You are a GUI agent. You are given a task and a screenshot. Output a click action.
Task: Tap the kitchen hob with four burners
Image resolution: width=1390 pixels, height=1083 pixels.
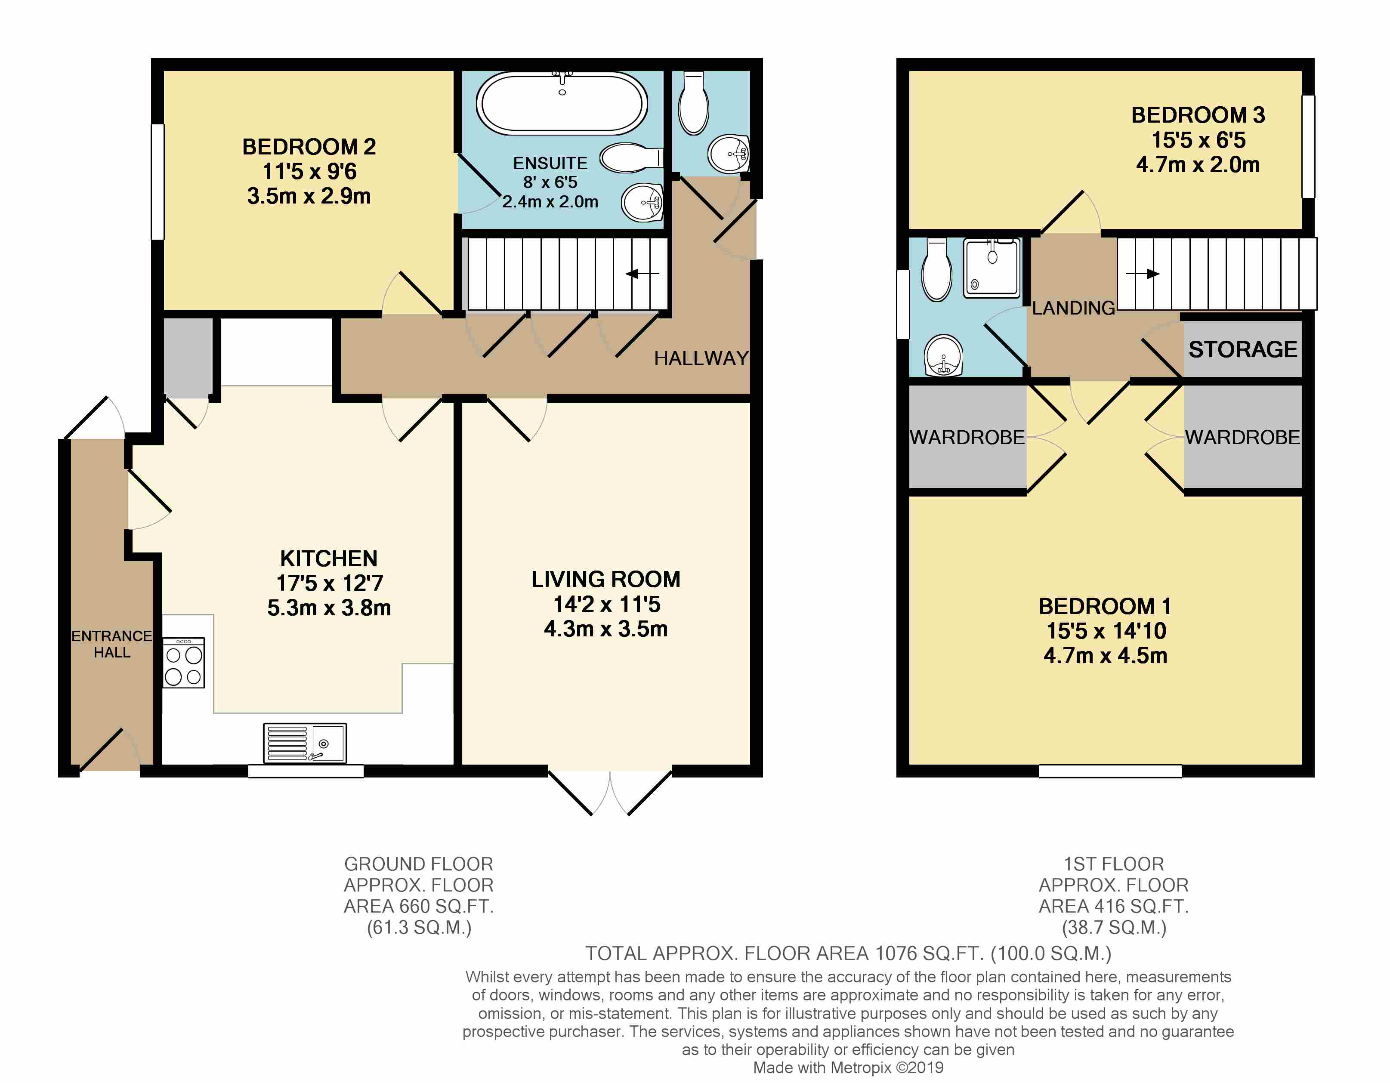[184, 662]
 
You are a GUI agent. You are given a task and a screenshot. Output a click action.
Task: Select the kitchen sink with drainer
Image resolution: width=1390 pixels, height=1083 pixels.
[305, 743]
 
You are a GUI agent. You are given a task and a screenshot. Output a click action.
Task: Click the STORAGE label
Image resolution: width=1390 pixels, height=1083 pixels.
[1242, 349]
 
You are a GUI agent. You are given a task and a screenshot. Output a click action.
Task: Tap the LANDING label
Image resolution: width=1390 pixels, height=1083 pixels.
[1073, 308]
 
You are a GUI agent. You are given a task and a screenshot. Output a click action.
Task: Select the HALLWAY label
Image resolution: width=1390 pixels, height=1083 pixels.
[701, 358]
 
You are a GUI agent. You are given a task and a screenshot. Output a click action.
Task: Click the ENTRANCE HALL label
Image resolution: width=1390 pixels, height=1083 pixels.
[111, 644]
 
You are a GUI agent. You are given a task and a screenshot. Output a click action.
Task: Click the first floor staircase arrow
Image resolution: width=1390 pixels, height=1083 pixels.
[1143, 274]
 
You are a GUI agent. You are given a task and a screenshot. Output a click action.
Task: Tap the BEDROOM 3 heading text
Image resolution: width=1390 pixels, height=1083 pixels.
[1198, 115]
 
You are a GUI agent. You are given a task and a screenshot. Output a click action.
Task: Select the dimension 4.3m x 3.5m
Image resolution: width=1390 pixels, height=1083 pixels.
[606, 629]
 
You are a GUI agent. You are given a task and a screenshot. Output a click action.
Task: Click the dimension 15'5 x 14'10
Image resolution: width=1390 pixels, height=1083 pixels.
[1106, 631]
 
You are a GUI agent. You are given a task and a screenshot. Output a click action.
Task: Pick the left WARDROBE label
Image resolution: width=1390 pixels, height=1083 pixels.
[967, 437]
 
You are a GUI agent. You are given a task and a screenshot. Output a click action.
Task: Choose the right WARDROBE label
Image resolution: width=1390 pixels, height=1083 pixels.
[1242, 437]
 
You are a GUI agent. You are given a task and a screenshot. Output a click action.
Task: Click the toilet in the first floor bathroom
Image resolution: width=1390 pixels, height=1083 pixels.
[936, 269]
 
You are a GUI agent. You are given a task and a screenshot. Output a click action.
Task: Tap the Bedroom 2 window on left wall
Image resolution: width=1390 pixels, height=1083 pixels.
[157, 181]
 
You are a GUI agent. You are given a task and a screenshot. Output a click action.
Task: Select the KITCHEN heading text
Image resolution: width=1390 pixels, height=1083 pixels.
[328, 558]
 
